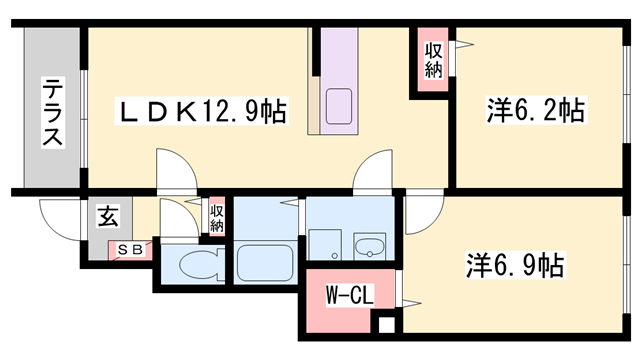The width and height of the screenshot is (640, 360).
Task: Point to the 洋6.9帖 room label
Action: point(515,266)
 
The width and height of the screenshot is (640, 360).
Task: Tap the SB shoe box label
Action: point(130,248)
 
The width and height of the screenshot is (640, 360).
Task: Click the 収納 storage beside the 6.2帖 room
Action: point(433,60)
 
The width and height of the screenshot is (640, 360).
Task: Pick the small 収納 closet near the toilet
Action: point(217,217)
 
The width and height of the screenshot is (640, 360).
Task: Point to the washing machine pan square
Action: point(325,244)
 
